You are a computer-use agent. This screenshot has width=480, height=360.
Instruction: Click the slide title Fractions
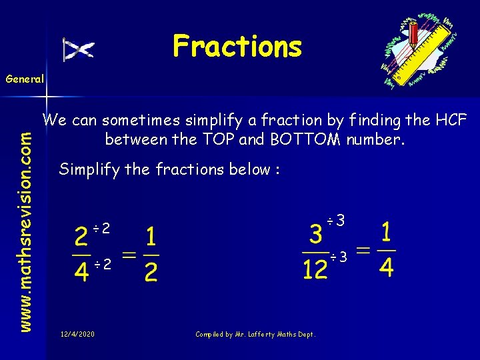[237, 46]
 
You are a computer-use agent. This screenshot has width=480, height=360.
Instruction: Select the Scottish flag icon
[79, 49]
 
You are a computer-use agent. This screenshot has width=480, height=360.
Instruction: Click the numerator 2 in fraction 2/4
[81, 238]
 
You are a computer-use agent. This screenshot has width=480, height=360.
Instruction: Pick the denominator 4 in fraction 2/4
[81, 272]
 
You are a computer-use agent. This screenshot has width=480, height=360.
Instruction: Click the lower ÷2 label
[101, 265]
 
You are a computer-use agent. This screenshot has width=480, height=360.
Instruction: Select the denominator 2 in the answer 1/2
[151, 272]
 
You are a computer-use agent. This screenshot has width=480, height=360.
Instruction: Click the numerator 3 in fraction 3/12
[316, 235]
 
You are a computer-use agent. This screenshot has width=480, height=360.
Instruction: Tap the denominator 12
[315, 269]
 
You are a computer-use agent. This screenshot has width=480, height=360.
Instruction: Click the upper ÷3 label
[337, 220]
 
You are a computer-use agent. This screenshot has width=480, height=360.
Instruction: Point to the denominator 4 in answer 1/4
[387, 267]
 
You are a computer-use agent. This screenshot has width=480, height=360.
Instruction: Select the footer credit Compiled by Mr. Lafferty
[255, 334]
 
